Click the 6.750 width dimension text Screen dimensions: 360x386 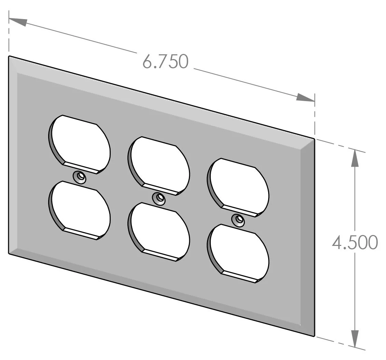click(165, 62)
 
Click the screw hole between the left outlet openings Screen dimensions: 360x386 click(80, 177)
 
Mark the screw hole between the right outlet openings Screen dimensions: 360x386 click(238, 220)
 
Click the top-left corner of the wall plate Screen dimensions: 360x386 click(9, 56)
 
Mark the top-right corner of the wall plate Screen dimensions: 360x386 click(314, 138)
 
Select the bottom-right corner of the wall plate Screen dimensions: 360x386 click(314, 336)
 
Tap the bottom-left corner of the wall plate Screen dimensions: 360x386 click(9, 253)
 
